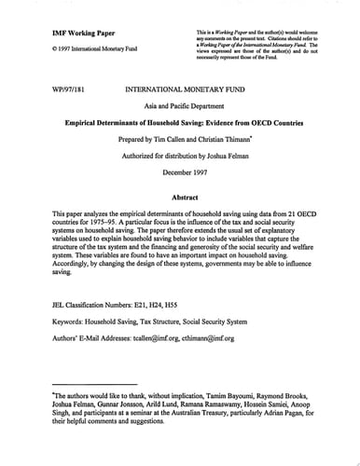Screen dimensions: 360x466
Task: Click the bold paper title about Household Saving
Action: (x=181, y=122)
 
